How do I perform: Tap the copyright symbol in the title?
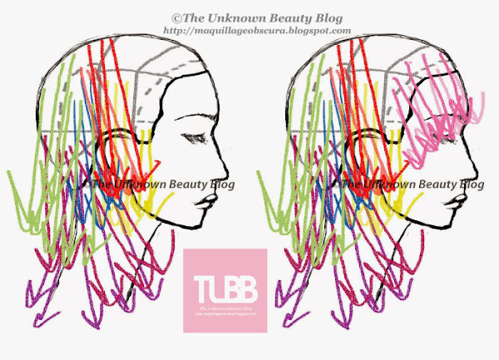click(175, 17)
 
